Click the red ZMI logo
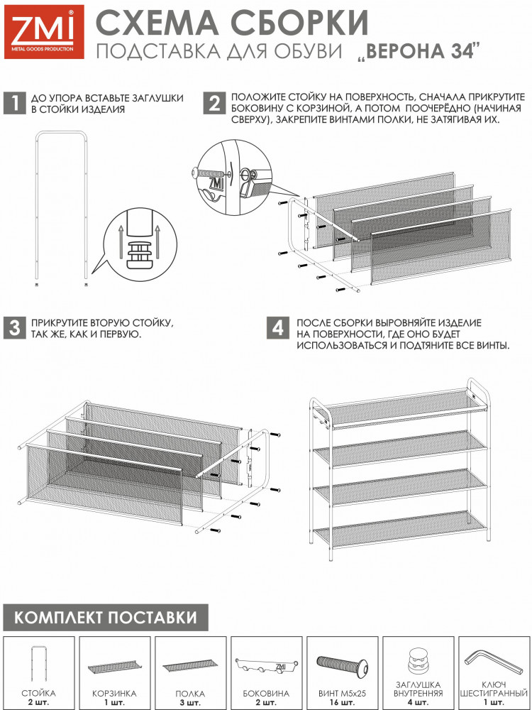click(x=44, y=32)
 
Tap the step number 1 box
click(x=14, y=104)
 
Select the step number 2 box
click(x=214, y=104)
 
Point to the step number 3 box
click(x=14, y=328)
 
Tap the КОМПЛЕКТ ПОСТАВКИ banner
click(x=106, y=617)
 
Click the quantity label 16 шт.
click(x=343, y=702)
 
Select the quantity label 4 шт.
click(x=419, y=702)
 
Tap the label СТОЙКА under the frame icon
click(x=38, y=693)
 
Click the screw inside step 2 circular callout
click(x=211, y=174)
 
